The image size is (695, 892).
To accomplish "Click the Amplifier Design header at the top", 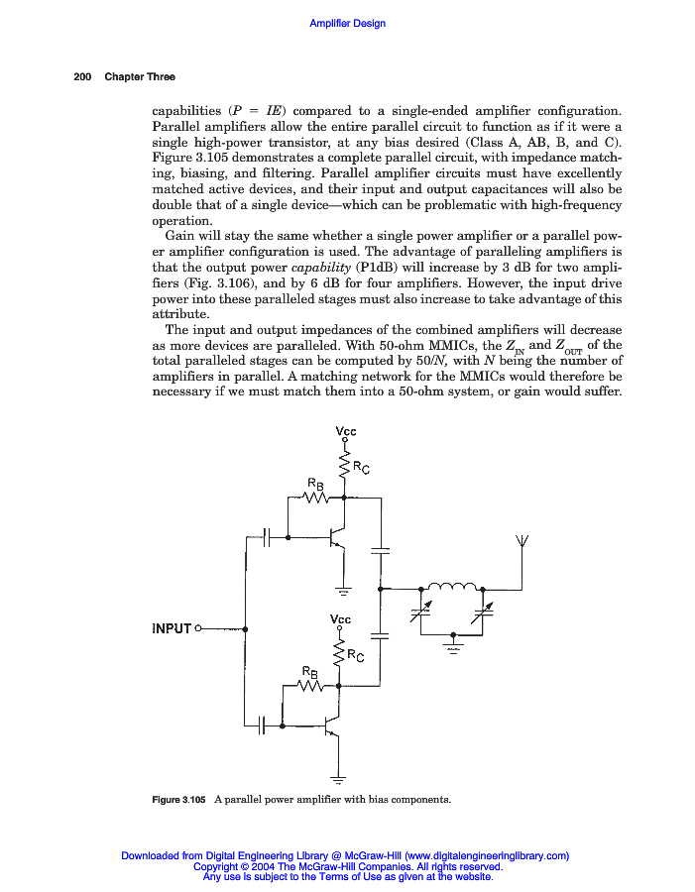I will coord(347,24).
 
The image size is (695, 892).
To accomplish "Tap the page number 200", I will coord(83,77).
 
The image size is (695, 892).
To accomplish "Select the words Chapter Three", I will coord(140,77).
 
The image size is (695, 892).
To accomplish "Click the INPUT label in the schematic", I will coord(172,628).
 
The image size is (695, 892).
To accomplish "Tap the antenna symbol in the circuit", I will coord(522,542).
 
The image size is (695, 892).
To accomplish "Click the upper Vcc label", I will coord(346,431).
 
